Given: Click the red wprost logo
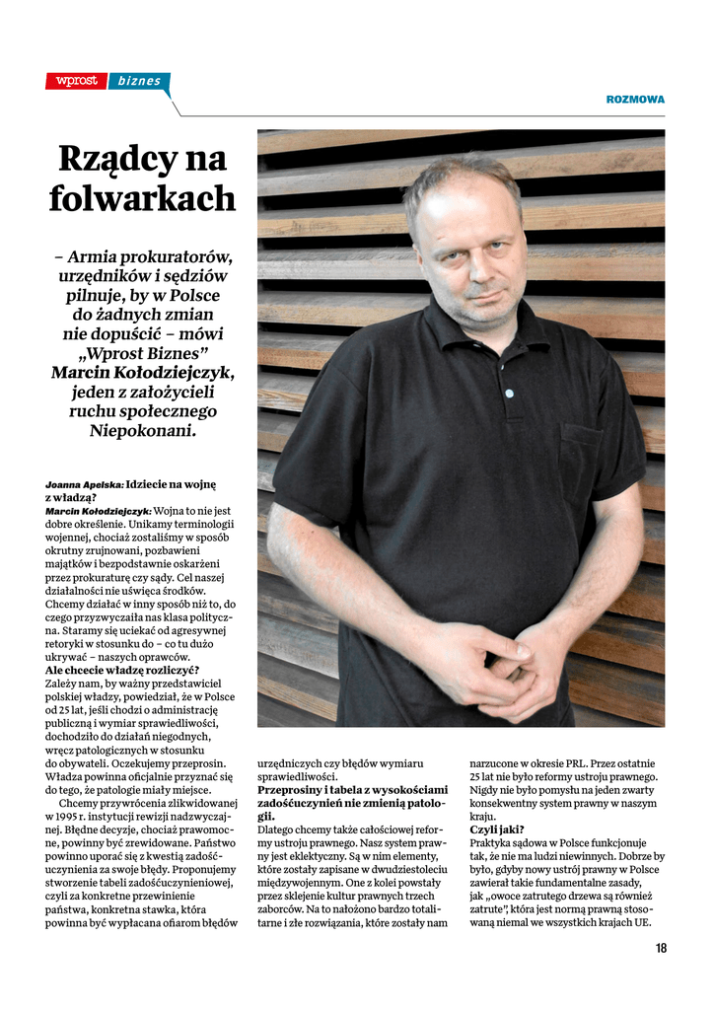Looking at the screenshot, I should [x=76, y=81].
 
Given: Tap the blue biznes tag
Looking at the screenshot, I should [x=139, y=81].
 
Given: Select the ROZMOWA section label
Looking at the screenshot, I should [x=634, y=100].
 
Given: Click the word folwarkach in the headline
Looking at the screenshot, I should [x=143, y=198].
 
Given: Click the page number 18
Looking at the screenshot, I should [x=661, y=948].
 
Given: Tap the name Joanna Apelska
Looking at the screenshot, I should [x=84, y=485].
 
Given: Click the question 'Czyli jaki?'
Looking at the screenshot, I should [x=497, y=830].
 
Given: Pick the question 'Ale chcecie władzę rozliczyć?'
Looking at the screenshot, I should [x=122, y=670].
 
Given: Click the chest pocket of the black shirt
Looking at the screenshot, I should [x=584, y=454].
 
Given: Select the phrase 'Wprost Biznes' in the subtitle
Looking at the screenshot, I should [x=143, y=353].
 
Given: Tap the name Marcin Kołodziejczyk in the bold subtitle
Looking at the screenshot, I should [x=143, y=373].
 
